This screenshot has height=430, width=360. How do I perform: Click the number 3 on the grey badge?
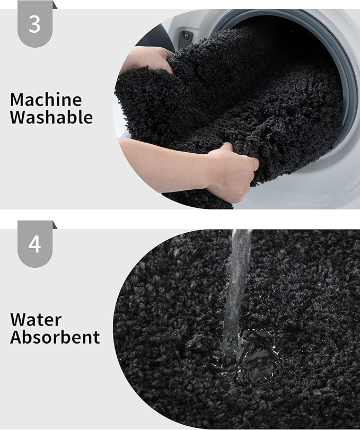coord(34,24)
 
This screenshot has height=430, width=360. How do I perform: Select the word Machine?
coord(46,100)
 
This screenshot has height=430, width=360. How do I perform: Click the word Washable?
coord(51,117)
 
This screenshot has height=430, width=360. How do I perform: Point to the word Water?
coord(36,320)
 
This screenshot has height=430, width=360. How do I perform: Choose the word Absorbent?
coord(55,337)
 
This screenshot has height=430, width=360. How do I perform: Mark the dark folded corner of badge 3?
coord(55,5)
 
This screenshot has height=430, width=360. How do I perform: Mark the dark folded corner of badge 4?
coord(55,225)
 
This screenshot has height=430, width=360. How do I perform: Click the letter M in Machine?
coord(17,100)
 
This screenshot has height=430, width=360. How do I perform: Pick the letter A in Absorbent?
coord(16,337)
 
